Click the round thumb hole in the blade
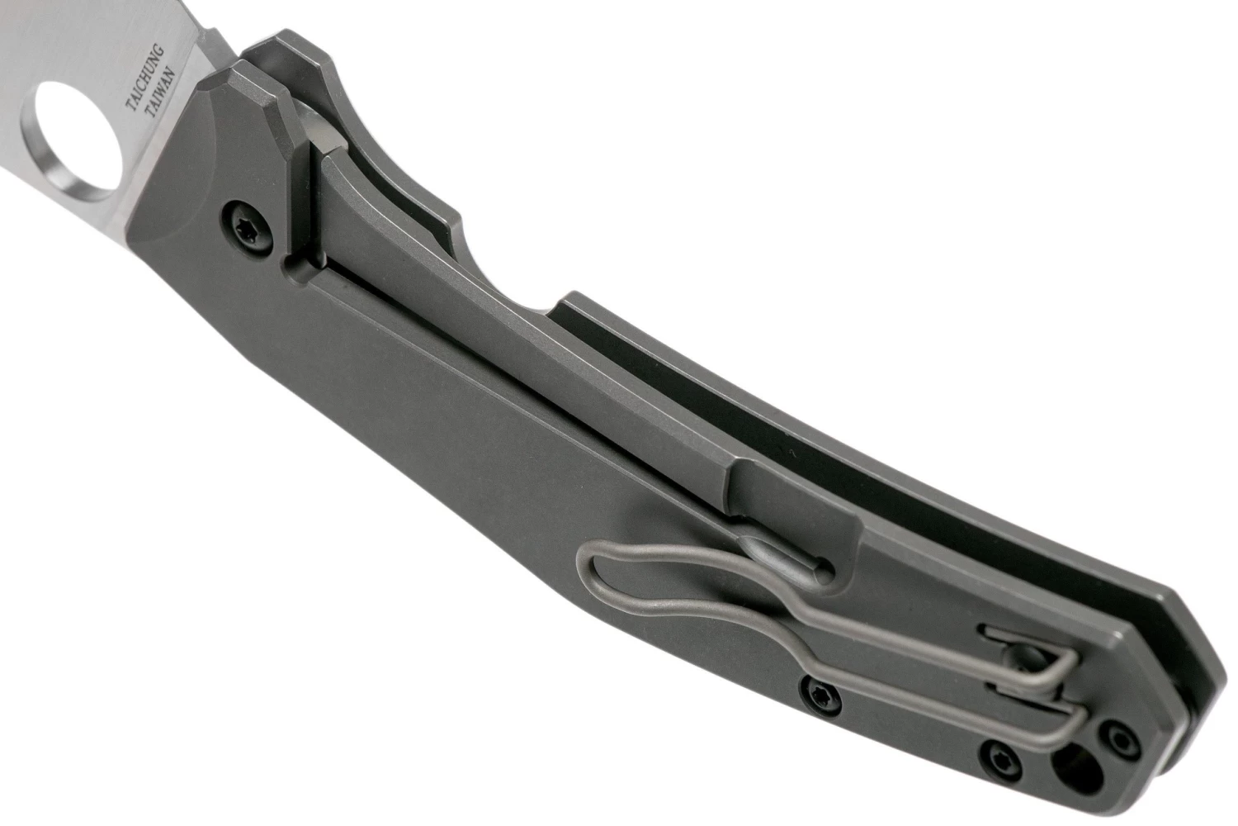click(x=71, y=140)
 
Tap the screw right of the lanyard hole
click(x=1121, y=745)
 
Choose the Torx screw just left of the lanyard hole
click(x=1001, y=762)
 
